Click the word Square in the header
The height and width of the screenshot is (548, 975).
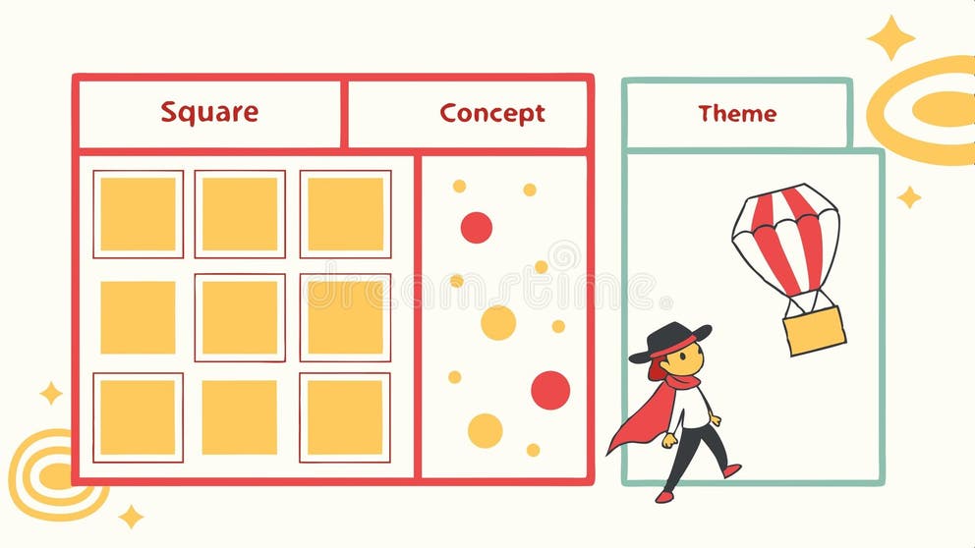209,112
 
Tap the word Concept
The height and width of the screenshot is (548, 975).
491,113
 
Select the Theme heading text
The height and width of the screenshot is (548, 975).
737,114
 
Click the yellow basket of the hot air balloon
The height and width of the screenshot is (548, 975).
814,330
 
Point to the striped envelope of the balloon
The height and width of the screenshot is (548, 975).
785,237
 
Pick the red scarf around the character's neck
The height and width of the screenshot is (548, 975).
681,381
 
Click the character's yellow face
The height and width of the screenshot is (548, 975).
687,358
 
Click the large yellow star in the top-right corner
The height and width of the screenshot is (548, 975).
890,38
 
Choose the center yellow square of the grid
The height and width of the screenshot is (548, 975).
240,317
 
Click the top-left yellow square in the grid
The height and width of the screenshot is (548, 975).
138,214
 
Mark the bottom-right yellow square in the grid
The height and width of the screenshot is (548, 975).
344,417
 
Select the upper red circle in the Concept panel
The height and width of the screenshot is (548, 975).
476,227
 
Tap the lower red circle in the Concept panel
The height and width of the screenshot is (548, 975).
550,390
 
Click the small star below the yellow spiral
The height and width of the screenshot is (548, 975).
131,517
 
